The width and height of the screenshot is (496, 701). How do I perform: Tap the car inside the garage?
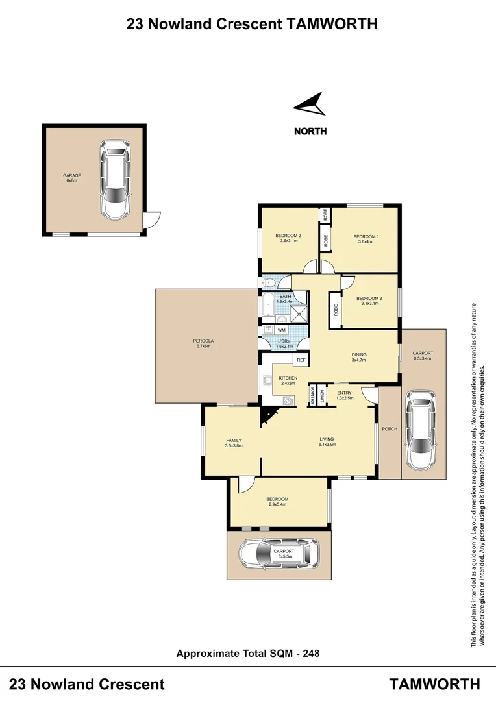114,180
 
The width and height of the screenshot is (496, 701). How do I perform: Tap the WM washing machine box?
281,330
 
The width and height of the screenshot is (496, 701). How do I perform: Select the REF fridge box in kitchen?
301,360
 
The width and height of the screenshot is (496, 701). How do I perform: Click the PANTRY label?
313,395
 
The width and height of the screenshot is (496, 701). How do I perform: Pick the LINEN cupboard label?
323,395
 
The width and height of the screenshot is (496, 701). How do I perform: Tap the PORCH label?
390,429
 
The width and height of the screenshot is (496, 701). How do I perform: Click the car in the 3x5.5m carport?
279,553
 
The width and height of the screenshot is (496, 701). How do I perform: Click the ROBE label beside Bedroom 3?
336,310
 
